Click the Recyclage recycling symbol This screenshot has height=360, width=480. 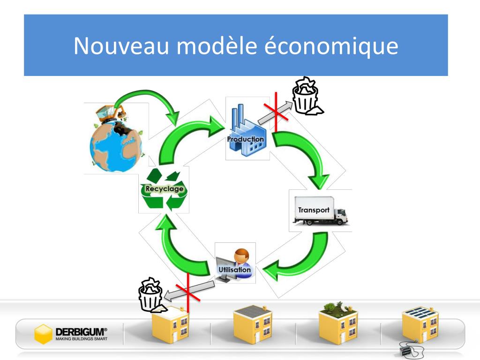point(164,189)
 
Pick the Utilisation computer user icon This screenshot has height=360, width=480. point(235,265)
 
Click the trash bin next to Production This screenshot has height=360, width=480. point(307,97)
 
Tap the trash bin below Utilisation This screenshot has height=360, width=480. point(151,296)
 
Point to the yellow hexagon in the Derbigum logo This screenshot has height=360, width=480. point(44,334)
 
